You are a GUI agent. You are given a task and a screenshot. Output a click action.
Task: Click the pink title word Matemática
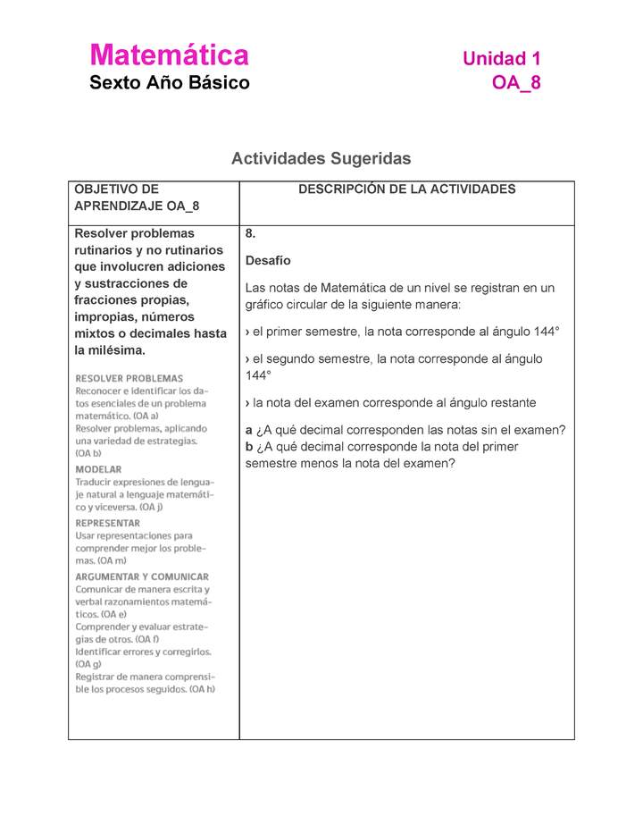click(x=169, y=56)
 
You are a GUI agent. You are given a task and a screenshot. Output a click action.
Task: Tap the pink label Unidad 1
click(x=501, y=59)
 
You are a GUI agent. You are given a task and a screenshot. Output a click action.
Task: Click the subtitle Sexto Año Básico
click(x=170, y=83)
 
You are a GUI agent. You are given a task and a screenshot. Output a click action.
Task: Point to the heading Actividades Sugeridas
click(x=321, y=158)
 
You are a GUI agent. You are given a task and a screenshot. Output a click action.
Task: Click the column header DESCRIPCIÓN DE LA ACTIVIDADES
click(x=406, y=189)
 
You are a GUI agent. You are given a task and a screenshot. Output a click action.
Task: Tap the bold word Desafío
click(x=268, y=261)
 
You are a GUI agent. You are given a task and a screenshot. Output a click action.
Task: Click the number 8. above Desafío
click(x=251, y=234)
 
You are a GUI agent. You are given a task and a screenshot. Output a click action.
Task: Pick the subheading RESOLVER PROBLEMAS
click(x=129, y=378)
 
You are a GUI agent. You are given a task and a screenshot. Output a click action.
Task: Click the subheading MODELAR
click(x=99, y=468)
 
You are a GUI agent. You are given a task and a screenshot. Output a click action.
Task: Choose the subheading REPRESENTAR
click(x=107, y=523)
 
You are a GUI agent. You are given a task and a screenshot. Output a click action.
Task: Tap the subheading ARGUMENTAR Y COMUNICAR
click(x=142, y=576)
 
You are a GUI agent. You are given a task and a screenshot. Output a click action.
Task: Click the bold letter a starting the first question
click(x=248, y=430)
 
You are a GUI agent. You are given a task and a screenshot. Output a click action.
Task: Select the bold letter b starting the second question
click(x=248, y=447)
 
